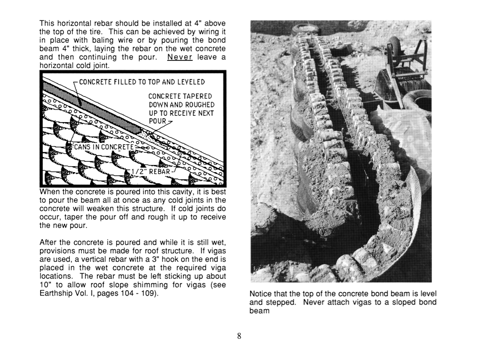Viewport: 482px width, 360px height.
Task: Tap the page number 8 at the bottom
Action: pyautogui.click(x=239, y=337)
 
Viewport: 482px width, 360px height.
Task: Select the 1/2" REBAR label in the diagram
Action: pyautogui.click(x=151, y=172)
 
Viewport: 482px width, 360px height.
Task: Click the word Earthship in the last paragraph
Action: pyautogui.click(x=55, y=293)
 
